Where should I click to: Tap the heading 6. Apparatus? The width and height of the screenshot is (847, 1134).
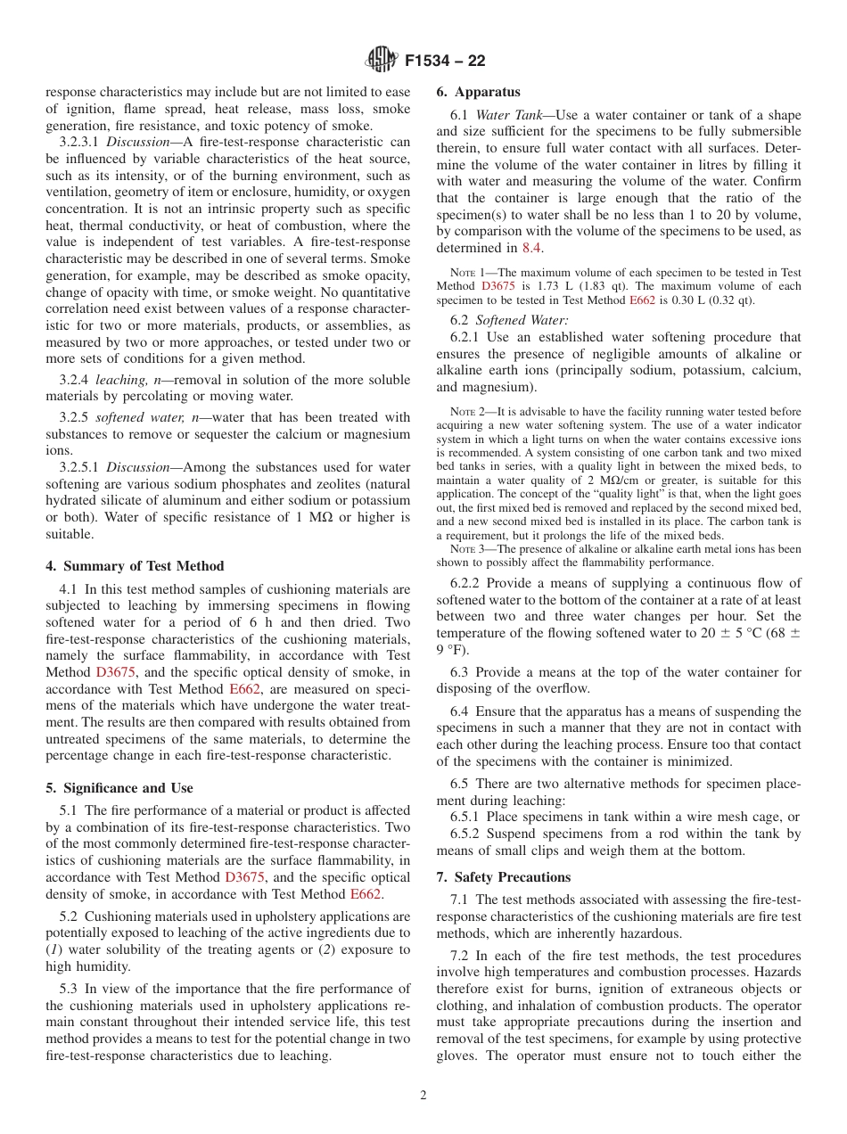(478, 92)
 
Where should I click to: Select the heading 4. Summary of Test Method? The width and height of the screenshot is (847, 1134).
(135, 566)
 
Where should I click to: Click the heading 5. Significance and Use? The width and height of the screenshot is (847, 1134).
(119, 788)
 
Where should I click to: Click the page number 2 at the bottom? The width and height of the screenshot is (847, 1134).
(423, 1096)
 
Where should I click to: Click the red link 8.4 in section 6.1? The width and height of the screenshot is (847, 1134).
(531, 249)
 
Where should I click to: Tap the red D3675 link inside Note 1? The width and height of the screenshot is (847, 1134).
(497, 286)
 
